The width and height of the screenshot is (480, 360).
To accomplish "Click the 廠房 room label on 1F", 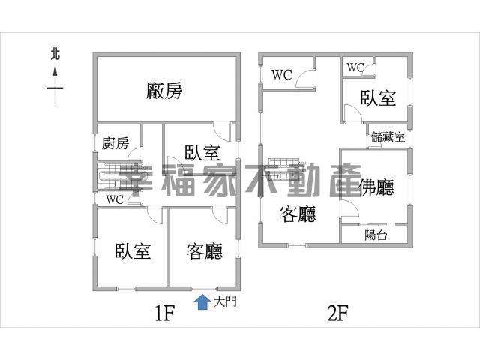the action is click(x=164, y=91).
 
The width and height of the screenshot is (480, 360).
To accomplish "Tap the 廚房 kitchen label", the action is click(x=115, y=143).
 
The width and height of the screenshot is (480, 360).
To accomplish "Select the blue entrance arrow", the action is click(x=202, y=301).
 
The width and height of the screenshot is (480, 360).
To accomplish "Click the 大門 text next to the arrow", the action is click(x=225, y=301).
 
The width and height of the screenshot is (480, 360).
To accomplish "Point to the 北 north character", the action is click(x=55, y=54).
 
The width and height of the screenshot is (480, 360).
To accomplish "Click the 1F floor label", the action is click(x=165, y=313).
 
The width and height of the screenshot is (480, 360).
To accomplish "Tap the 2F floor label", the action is click(x=338, y=313).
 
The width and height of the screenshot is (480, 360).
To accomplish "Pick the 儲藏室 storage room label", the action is click(x=388, y=136).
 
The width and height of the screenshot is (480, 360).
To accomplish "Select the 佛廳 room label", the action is click(x=376, y=187).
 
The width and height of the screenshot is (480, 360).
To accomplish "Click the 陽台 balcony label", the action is click(x=376, y=235).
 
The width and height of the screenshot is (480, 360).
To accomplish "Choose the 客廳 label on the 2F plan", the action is click(x=298, y=214).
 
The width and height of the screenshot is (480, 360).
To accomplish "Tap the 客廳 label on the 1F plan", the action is click(x=205, y=251).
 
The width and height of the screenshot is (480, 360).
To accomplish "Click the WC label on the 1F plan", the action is click(x=115, y=199).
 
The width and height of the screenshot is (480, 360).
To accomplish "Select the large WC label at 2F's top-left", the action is click(x=282, y=74).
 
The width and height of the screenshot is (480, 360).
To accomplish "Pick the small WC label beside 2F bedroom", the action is click(x=355, y=67).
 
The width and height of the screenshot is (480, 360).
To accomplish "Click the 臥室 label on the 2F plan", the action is click(x=378, y=98).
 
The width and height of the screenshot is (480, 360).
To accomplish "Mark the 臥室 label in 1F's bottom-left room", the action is click(x=133, y=251).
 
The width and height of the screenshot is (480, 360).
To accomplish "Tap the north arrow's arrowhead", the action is click(x=55, y=71).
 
